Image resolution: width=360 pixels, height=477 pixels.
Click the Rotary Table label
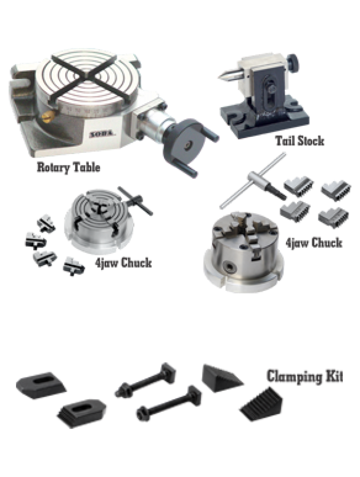68,167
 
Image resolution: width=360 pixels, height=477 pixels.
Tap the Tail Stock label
300,141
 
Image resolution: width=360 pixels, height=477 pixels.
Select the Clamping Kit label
305,377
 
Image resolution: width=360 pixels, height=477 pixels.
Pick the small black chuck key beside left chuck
136,201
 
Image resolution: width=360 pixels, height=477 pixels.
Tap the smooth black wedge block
221,378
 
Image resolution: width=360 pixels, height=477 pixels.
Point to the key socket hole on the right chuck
229,267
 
